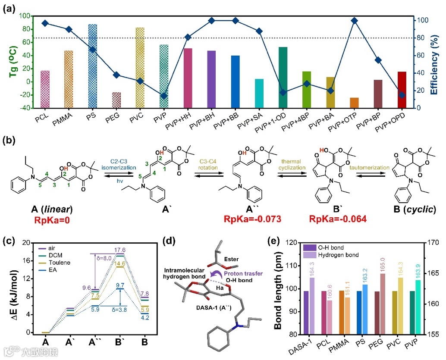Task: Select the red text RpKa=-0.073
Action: click(252, 219)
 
